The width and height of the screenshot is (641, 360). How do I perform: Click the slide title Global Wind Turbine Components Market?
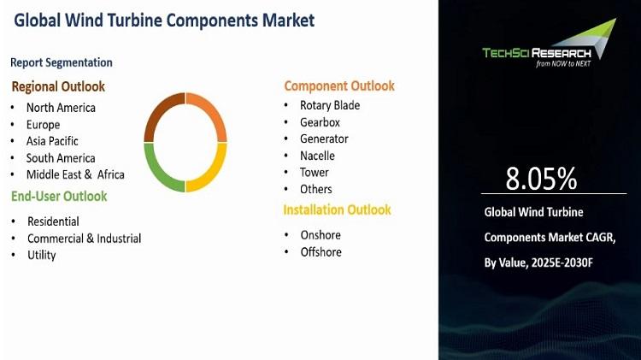(x=164, y=21)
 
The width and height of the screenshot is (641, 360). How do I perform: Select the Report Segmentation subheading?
(x=62, y=62)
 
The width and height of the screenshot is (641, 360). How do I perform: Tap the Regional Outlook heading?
(x=58, y=86)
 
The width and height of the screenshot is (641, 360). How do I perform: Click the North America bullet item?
(x=61, y=108)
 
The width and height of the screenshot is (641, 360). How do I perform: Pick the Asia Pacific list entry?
(x=52, y=141)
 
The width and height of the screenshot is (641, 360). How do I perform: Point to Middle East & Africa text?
(x=75, y=174)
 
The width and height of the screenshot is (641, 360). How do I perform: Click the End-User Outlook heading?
(x=59, y=197)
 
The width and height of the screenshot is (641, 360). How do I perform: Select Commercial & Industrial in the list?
(x=85, y=239)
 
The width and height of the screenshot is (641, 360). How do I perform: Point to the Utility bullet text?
(x=42, y=256)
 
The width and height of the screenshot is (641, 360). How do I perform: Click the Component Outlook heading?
(x=339, y=86)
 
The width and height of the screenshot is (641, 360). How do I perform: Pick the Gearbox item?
(x=320, y=122)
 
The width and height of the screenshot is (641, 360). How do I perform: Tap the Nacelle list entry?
(x=317, y=156)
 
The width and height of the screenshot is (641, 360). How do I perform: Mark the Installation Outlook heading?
(x=338, y=210)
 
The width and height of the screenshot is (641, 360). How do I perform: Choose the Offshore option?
(x=320, y=252)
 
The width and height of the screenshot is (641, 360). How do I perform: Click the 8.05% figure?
(x=541, y=179)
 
